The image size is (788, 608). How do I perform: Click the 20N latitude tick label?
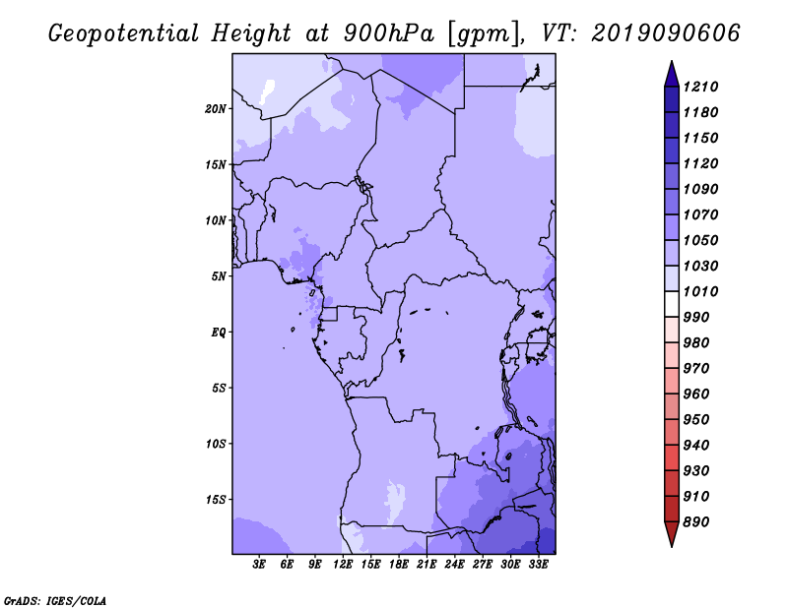(x=216, y=108)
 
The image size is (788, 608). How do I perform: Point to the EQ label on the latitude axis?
(x=218, y=332)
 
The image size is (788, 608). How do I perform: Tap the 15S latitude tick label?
(x=216, y=499)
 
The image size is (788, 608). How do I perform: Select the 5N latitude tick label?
(x=219, y=275)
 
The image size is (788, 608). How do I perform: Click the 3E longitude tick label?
(x=260, y=565)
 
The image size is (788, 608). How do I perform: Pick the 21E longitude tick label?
(x=427, y=565)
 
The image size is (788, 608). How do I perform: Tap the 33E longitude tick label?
(x=538, y=565)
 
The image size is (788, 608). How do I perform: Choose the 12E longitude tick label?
(x=343, y=565)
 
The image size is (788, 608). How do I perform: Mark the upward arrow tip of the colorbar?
(x=671, y=63)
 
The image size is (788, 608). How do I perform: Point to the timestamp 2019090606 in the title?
(x=665, y=32)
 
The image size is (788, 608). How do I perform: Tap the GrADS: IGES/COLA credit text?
(x=55, y=599)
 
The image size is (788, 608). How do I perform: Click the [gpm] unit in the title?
(x=481, y=32)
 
